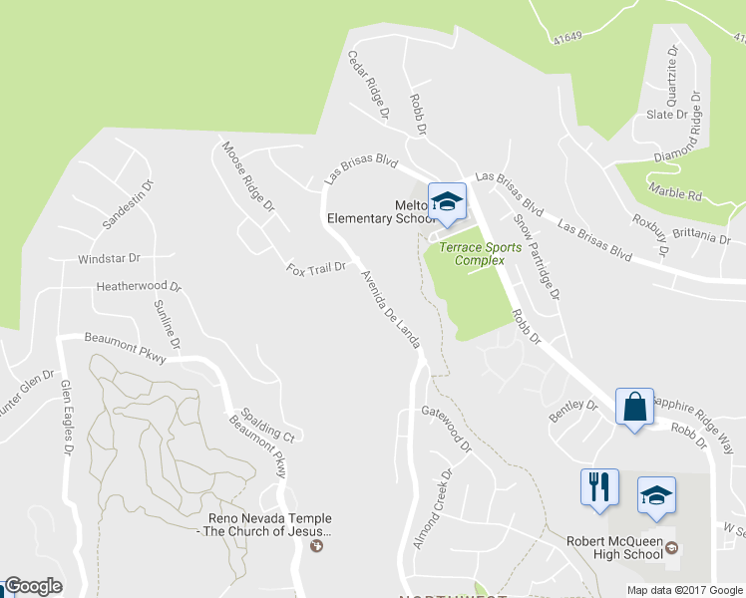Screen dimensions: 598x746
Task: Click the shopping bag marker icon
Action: point(634,407)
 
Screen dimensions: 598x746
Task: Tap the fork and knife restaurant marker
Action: point(598,487)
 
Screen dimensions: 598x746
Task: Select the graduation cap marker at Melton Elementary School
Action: point(447,203)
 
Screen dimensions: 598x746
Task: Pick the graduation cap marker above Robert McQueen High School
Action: point(655,495)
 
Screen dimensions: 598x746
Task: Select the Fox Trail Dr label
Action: point(315,268)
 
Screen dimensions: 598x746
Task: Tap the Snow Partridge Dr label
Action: point(537,256)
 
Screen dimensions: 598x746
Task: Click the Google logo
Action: point(32,587)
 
